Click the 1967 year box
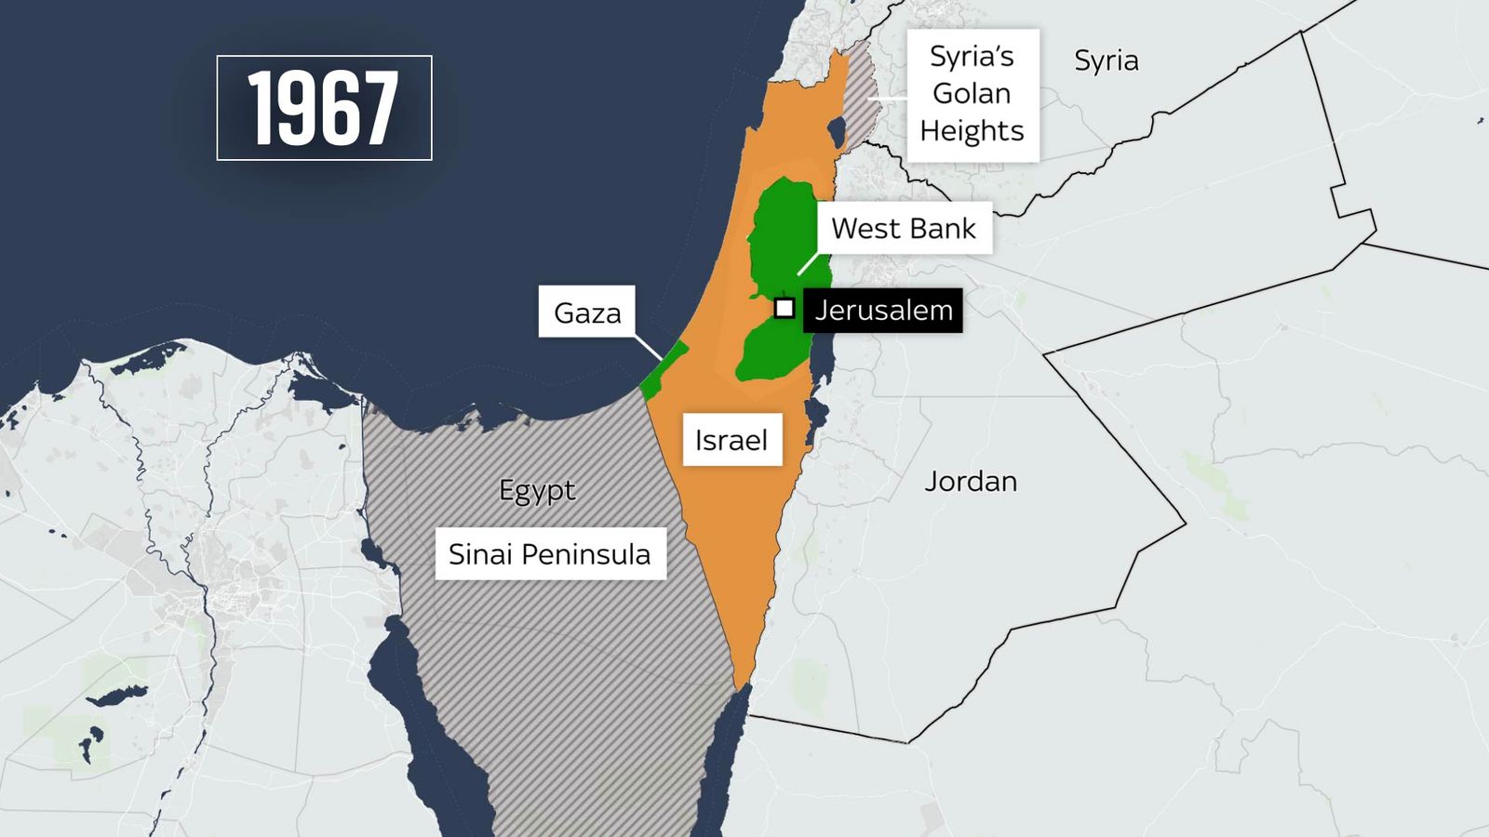coord(324,108)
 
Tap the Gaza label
coord(586,312)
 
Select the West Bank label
coord(904,229)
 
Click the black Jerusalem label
coord(882,310)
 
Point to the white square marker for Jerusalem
coord(785,308)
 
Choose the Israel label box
coord(731,440)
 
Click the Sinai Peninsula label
coord(550,554)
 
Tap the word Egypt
coord(537,490)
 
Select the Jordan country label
coord(971,482)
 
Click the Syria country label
coord(1106,60)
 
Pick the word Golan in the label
coord(972,94)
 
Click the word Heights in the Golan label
coord(972,131)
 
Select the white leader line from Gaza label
coord(649,347)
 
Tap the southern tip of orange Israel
coord(741,684)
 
